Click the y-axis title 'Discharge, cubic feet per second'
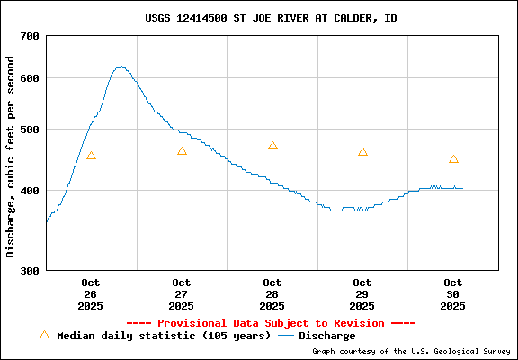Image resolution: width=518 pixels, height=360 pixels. click(x=11, y=157)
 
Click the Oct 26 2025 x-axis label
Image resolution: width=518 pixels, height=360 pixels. click(x=91, y=294)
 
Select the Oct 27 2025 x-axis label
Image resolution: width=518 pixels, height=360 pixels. click(x=182, y=294)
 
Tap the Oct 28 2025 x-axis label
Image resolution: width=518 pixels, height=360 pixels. click(x=272, y=294)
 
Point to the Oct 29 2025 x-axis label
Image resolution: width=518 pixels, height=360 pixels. click(x=362, y=294)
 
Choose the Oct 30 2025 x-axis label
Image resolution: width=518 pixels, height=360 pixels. click(x=453, y=294)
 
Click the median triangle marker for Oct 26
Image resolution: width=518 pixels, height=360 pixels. click(x=91, y=156)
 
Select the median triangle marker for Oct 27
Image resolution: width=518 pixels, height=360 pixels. click(x=182, y=151)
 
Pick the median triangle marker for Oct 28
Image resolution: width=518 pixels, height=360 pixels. click(x=272, y=146)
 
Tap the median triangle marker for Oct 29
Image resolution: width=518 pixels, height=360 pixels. click(x=362, y=152)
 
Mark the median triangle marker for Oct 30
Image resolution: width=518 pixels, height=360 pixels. click(x=453, y=159)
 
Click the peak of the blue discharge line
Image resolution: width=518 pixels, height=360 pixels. click(x=121, y=67)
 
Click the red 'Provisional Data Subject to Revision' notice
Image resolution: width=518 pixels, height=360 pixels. click(x=271, y=323)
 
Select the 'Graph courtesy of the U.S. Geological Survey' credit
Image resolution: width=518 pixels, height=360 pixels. click(x=412, y=351)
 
